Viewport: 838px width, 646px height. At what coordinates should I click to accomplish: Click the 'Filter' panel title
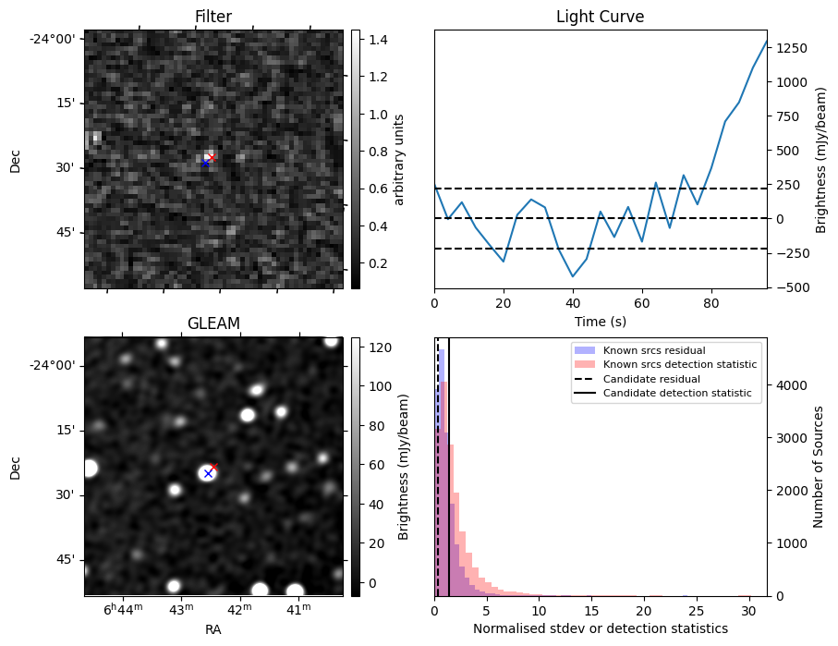point(213,17)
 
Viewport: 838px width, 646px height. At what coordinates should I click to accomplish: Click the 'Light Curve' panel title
point(600,17)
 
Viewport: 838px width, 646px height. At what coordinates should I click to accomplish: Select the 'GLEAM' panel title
point(213,323)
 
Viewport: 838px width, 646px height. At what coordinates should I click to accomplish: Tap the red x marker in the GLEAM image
point(214,467)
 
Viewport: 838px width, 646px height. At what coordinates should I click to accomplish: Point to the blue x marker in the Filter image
point(205,164)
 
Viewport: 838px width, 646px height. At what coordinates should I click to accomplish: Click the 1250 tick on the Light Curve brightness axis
point(788,47)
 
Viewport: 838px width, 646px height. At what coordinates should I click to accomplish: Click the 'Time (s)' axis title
point(600,321)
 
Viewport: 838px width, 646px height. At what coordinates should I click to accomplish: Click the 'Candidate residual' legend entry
point(651,379)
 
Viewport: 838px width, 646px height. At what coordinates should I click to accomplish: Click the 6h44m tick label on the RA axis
point(123,610)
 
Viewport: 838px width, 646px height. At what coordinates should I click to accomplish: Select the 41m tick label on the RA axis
point(298,610)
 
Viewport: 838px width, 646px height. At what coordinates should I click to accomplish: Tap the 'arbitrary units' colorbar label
point(399,159)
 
